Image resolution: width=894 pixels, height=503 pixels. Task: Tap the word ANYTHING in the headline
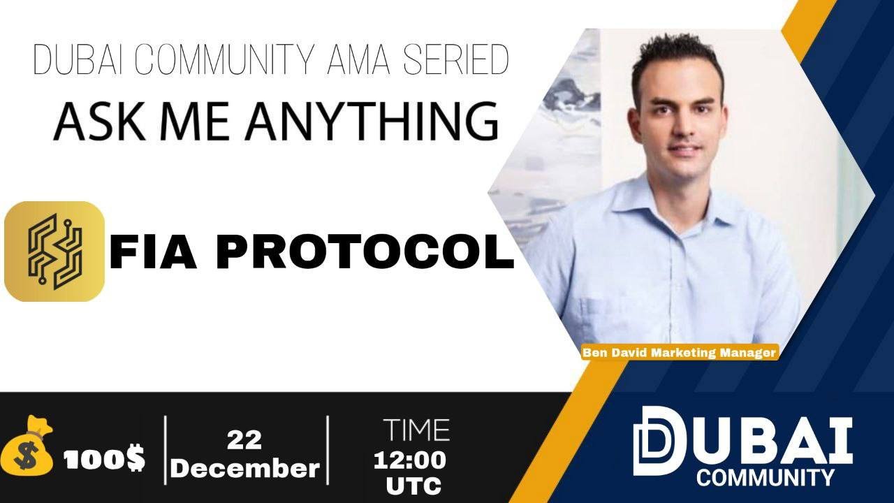tap(372, 121)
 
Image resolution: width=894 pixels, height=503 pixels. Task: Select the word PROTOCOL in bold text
tap(365, 253)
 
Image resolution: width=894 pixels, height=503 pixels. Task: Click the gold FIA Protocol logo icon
tap(54, 251)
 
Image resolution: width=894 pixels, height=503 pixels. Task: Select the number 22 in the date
tap(244, 440)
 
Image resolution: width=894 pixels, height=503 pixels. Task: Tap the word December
tap(247, 468)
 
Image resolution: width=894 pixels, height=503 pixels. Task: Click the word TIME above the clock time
tap(416, 430)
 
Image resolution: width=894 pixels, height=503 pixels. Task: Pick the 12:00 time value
tap(410, 460)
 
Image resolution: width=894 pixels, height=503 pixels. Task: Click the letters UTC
tap(414, 486)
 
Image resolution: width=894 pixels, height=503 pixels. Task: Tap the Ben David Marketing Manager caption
tap(680, 353)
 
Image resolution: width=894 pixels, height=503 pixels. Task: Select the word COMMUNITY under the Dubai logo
tap(765, 477)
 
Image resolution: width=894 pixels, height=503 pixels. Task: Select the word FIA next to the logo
tap(153, 253)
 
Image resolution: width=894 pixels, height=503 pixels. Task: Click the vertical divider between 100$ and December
tap(166, 450)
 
